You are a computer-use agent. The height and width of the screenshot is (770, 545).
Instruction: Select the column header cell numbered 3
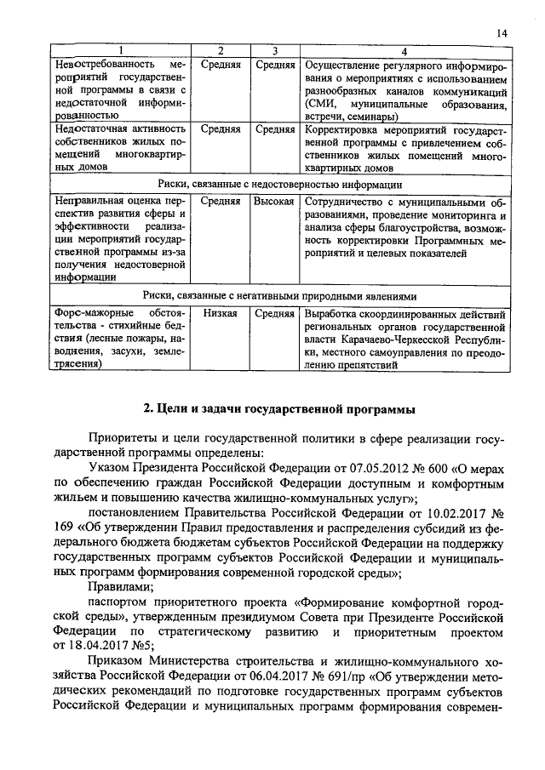click(x=273, y=50)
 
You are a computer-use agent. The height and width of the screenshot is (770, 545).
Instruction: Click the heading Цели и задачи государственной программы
click(x=280, y=409)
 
